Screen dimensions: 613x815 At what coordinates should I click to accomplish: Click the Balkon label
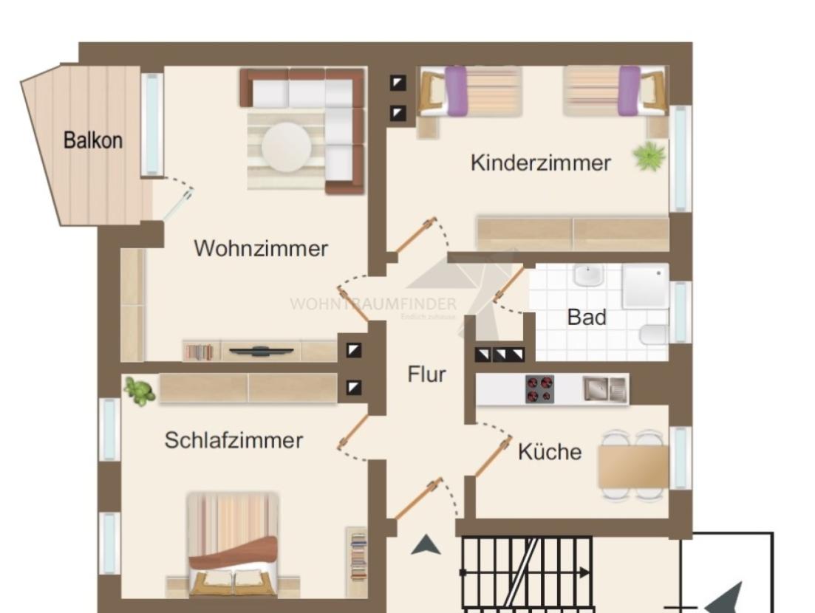(x=93, y=140)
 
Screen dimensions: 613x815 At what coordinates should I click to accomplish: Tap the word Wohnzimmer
(x=260, y=248)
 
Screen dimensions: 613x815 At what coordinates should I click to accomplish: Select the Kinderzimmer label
(x=540, y=162)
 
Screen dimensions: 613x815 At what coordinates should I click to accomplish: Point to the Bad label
(x=587, y=318)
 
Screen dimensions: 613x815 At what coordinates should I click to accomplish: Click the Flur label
(x=426, y=374)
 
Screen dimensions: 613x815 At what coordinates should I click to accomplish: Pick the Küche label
(x=549, y=451)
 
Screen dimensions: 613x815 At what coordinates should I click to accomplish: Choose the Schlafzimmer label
(x=233, y=440)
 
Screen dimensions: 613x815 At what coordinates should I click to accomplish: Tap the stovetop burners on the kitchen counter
(x=539, y=389)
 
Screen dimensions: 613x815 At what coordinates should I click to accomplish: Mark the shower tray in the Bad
(x=645, y=287)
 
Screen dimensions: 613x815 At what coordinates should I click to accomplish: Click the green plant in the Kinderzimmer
(x=649, y=157)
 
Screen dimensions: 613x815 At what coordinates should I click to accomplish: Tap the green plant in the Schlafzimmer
(x=138, y=391)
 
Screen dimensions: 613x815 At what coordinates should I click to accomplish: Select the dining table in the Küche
(x=633, y=466)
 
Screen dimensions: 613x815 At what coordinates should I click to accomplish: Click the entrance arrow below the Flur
(x=426, y=546)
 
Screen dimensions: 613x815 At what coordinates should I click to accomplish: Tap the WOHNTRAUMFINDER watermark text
(x=373, y=304)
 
